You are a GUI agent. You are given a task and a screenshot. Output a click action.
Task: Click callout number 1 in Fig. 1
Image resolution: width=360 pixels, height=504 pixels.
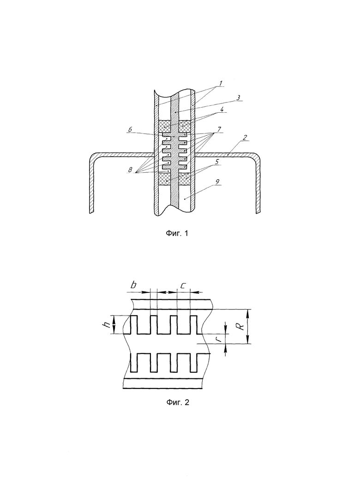[221, 83]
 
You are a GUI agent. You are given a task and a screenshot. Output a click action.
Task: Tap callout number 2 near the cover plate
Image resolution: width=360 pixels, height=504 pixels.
[245, 138]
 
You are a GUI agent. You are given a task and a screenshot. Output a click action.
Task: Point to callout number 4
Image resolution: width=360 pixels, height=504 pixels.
[222, 109]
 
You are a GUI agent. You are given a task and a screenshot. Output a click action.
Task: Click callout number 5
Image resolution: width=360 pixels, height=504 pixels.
[217, 162]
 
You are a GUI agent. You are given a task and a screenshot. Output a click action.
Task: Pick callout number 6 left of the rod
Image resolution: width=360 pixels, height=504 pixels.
[130, 129]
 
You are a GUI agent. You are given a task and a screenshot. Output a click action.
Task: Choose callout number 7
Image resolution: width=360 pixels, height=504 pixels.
[219, 129]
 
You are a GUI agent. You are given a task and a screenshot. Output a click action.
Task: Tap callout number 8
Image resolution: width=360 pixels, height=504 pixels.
[130, 170]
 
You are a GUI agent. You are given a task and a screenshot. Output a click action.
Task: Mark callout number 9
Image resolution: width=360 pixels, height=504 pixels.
[217, 182]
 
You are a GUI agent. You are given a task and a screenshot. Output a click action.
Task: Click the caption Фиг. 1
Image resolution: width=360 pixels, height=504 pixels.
[177, 233]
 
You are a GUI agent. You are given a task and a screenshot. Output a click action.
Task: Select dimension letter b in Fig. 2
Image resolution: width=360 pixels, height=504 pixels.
[133, 285]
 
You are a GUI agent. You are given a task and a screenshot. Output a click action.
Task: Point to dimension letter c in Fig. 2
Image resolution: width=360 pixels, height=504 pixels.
[183, 285]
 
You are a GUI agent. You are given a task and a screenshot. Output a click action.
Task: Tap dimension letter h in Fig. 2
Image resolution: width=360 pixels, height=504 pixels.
[108, 325]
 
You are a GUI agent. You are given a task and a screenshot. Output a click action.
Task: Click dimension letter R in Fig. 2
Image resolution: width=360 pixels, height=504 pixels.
[241, 326]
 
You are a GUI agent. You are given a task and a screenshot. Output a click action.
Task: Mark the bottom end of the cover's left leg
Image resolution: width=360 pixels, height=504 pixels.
[91, 212]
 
